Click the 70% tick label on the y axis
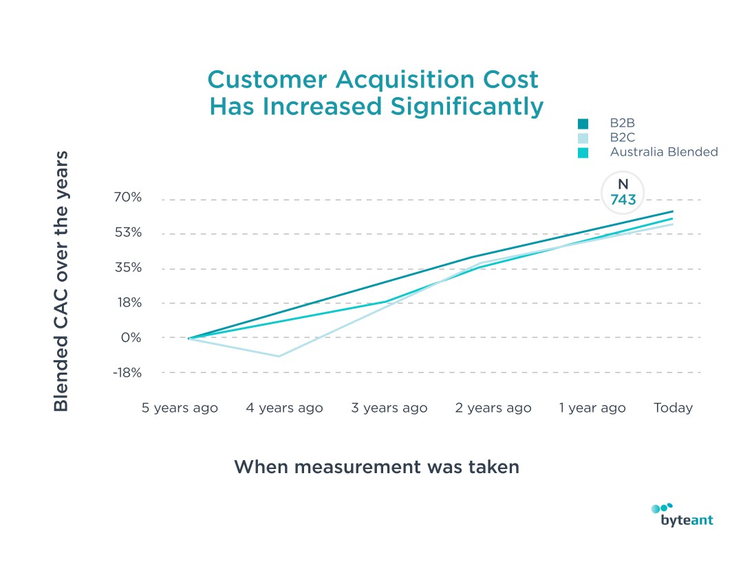127,198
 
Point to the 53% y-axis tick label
127,232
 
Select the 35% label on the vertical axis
127,267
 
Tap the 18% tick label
128,302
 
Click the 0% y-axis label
131,337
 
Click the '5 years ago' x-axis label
180,408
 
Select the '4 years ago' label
284,408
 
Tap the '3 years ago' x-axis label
389,408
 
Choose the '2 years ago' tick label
493,408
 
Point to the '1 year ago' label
592,408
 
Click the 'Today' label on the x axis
673,408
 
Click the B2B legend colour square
583,124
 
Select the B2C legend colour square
583,138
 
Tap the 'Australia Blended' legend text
664,152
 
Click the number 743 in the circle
623,200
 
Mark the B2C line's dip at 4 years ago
279,356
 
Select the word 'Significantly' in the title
449,107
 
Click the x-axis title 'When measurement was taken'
376,467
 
